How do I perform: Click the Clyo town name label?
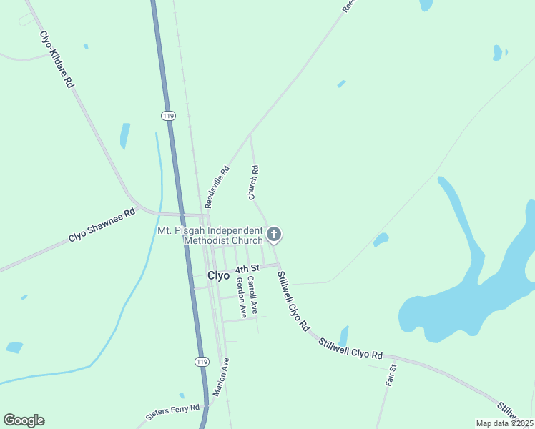tap(218, 275)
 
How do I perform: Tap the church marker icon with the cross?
tap(273, 234)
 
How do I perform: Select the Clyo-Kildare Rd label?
tap(57, 59)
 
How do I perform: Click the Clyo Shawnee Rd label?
tap(102, 225)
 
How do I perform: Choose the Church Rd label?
tap(254, 183)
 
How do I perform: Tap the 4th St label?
tap(245, 270)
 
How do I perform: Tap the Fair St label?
tap(391, 377)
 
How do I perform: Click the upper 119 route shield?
tap(168, 115)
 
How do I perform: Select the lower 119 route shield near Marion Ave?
tap(202, 362)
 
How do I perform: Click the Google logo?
tap(24, 420)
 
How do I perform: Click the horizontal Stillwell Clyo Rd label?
tap(351, 350)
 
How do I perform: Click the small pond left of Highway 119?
tap(125, 134)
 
